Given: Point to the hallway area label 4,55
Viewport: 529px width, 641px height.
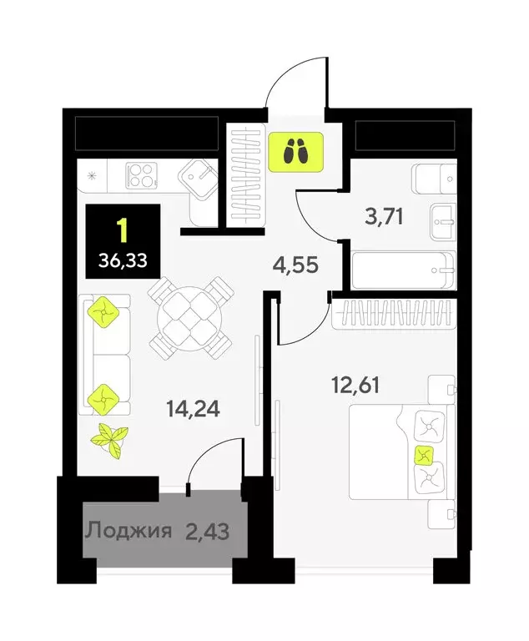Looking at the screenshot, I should (x=297, y=267).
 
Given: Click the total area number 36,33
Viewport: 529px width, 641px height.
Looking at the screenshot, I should (x=122, y=260).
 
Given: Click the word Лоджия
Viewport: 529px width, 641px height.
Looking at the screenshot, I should (x=129, y=530).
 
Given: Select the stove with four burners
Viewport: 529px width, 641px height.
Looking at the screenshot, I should (x=142, y=176).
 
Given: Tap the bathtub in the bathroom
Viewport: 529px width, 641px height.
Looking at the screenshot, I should (x=402, y=270).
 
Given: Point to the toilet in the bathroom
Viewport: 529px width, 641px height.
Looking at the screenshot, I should (x=435, y=178).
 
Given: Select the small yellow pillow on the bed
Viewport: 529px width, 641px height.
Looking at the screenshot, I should (x=424, y=455).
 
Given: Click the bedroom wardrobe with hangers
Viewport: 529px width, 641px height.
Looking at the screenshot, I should (x=394, y=314).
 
